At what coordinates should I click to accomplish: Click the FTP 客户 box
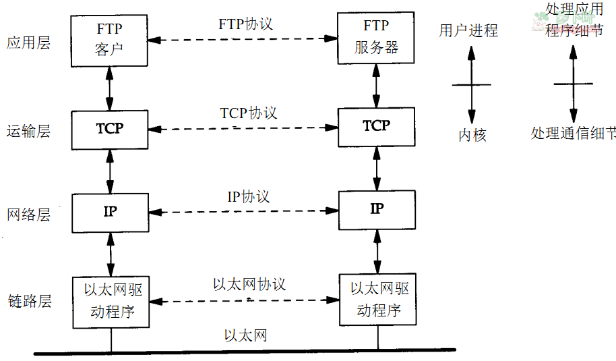tap(110, 40)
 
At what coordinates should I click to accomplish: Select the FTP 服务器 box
tap(377, 39)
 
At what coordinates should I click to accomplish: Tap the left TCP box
tap(110, 128)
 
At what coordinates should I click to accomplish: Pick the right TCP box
tap(377, 126)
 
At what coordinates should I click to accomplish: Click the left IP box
tap(110, 211)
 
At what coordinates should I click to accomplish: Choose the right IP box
tap(377, 209)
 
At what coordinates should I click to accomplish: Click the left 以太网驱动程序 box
tap(110, 301)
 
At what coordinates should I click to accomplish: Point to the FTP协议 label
tap(245, 24)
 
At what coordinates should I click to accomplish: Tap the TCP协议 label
tap(249, 113)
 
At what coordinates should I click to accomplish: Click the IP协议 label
tap(248, 196)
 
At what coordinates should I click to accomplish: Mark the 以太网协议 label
tap(249, 284)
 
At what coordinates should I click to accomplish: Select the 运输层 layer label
tap(29, 130)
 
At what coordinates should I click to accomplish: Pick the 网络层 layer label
tap(29, 215)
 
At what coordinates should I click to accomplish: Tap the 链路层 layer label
tap(29, 301)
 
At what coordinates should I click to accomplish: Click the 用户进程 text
tap(468, 30)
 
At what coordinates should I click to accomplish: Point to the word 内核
tap(472, 135)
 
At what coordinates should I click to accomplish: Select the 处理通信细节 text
tap(573, 133)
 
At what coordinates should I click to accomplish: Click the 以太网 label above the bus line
tap(246, 335)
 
